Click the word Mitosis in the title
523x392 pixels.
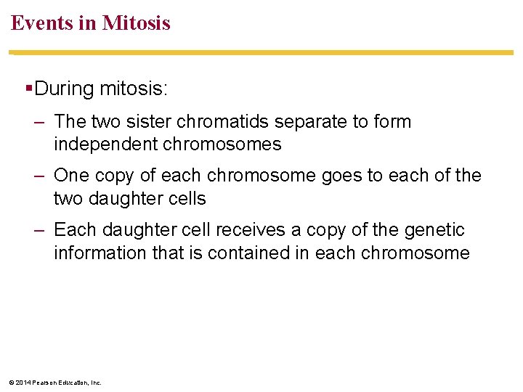137,23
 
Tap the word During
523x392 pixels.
65,89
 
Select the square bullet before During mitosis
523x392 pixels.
28,89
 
